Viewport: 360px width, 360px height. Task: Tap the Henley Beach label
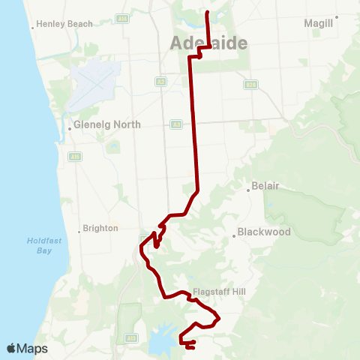[65, 24]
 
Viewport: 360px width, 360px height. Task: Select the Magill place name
[318, 24]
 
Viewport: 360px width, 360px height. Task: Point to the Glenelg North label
[107, 124]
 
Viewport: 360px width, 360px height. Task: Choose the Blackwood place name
[263, 232]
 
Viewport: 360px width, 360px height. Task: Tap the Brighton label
[101, 228]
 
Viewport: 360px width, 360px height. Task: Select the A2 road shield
[160, 81]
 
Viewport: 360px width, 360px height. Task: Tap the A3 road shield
[175, 124]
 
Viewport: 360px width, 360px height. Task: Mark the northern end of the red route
[206, 12]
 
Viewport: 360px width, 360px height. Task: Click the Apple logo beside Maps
[11, 348]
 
